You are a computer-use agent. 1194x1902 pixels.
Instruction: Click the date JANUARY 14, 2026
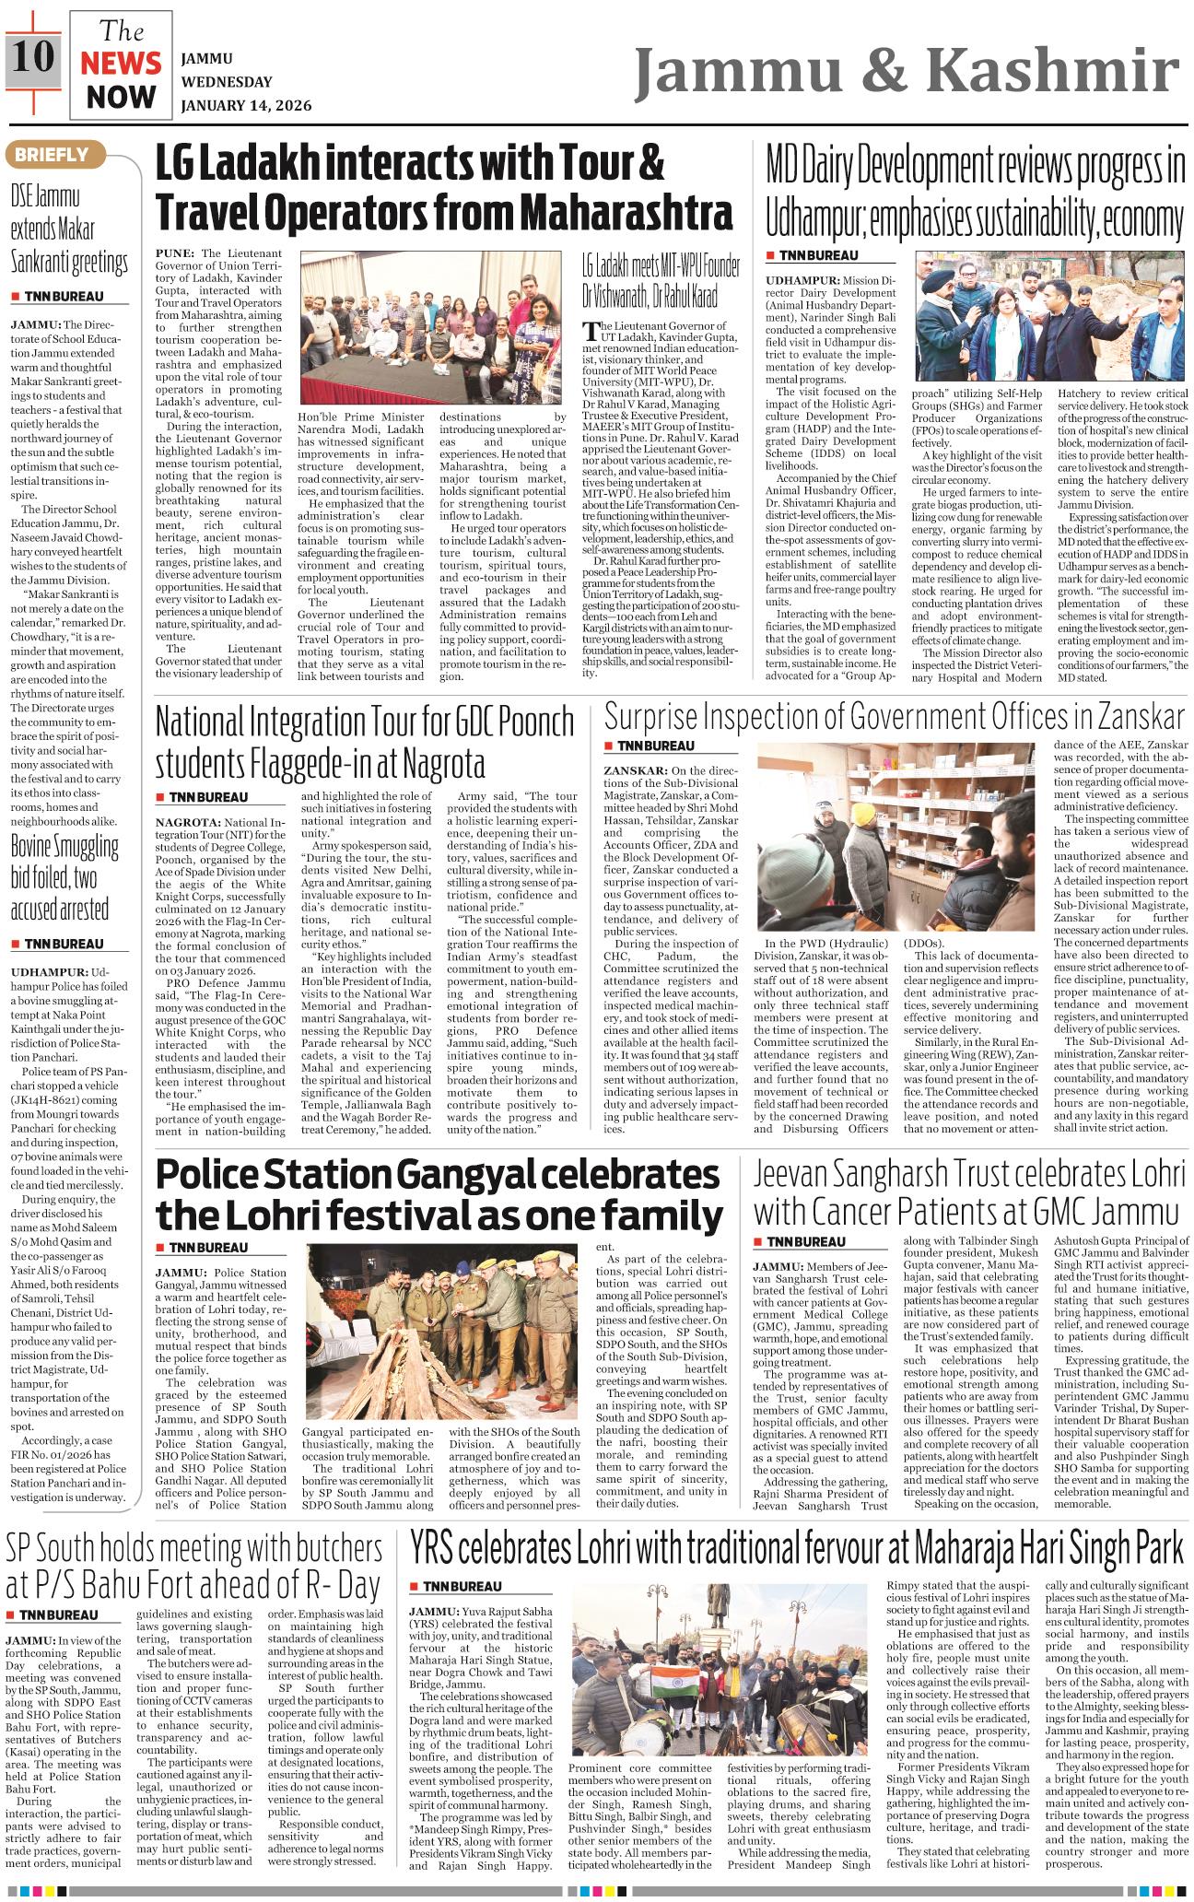(x=246, y=105)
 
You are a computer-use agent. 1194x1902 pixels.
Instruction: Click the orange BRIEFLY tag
(x=51, y=155)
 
